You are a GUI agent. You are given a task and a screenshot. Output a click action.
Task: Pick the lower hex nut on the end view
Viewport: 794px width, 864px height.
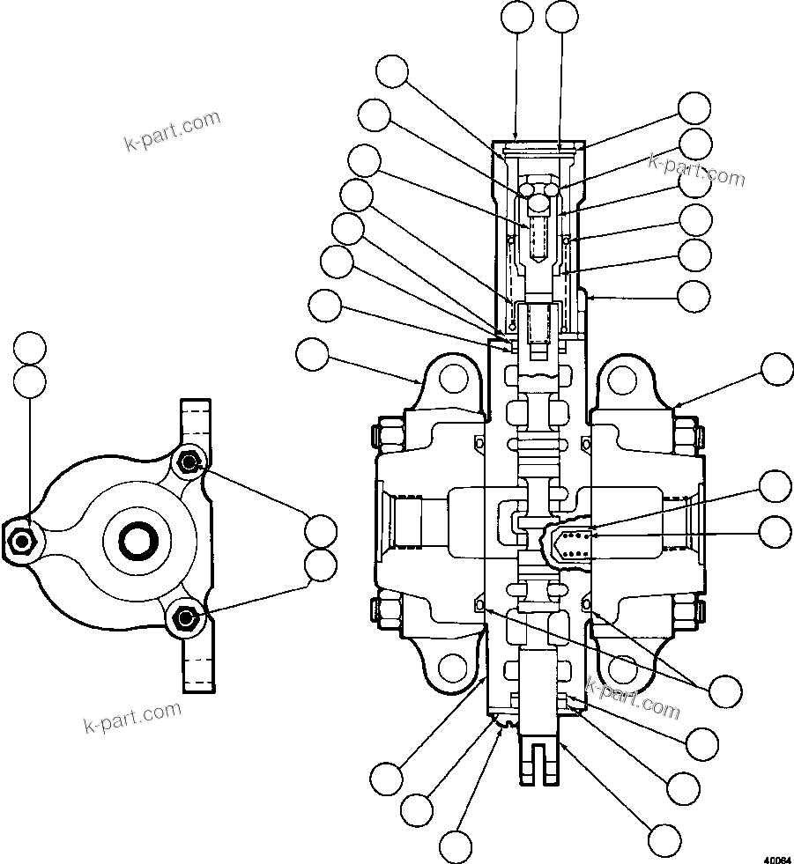tap(184, 618)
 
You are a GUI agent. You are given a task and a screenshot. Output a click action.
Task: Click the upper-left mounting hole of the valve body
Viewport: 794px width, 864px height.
tap(453, 380)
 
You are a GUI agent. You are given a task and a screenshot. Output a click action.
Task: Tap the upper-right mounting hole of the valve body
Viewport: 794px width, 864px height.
tap(622, 380)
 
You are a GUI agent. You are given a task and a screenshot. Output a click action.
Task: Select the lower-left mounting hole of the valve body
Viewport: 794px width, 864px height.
tap(453, 668)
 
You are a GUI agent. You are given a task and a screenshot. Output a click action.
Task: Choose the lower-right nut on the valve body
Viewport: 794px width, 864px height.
tap(687, 611)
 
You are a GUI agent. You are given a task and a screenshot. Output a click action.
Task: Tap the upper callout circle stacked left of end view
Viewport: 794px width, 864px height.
tap(31, 349)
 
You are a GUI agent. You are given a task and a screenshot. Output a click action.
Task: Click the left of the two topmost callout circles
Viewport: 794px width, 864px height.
tap(517, 16)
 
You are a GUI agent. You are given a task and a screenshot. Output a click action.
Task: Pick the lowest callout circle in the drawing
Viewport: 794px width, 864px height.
tap(456, 846)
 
